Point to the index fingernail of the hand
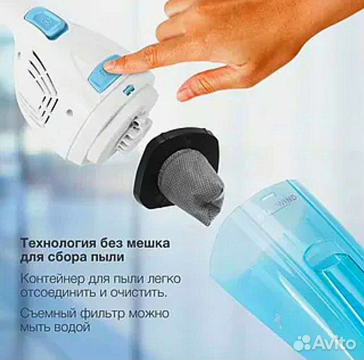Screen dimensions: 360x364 click(114, 64)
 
